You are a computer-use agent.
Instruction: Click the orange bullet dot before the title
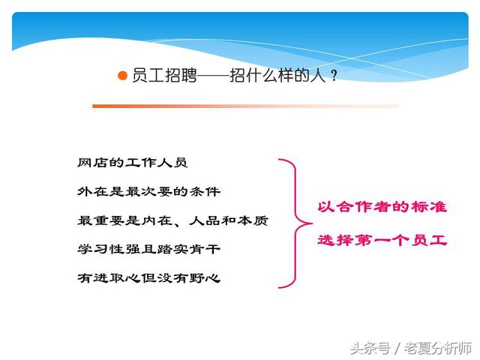coord(122,76)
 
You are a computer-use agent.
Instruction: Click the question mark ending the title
coord(334,76)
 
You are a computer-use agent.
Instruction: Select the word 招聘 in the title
coord(181,75)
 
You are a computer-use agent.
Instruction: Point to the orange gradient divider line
coord(245,106)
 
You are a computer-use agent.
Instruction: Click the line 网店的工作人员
coord(132,163)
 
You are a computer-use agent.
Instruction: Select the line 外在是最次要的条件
coord(148,192)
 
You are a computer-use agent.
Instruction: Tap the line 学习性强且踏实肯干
coord(148,249)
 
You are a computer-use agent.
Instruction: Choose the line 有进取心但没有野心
coord(148,278)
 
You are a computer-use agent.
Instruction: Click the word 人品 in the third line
coord(205,220)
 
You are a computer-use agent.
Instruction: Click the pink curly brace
coord(295,223)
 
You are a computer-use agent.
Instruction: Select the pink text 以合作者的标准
coord(382,207)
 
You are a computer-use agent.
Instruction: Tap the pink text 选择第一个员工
coord(382,240)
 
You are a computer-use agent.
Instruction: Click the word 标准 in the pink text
coord(429,207)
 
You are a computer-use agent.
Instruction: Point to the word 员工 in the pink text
coord(429,240)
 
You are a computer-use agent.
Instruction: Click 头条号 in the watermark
coord(370,348)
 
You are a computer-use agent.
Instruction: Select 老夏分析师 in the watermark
coord(438,348)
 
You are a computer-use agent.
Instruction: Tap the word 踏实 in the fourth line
coord(172,249)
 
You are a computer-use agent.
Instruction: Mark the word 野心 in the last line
coord(205,278)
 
